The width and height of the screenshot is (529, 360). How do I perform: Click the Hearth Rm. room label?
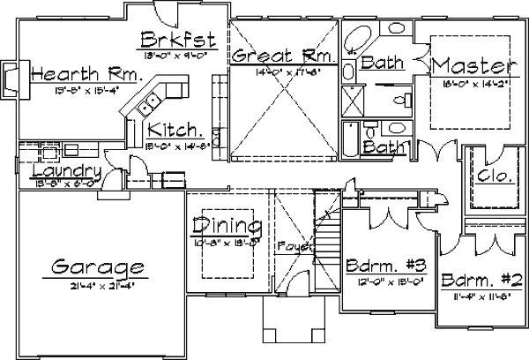click(x=86, y=75)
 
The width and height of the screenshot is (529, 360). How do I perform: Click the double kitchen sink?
click(x=145, y=104)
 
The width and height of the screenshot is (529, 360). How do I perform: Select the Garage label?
click(x=97, y=265)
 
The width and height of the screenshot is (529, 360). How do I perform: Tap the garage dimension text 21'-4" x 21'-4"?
click(x=97, y=284)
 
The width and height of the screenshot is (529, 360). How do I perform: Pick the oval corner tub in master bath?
click(x=358, y=40)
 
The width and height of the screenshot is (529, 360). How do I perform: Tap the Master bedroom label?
click(x=473, y=66)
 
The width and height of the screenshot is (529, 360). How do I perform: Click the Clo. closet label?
click(x=494, y=176)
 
